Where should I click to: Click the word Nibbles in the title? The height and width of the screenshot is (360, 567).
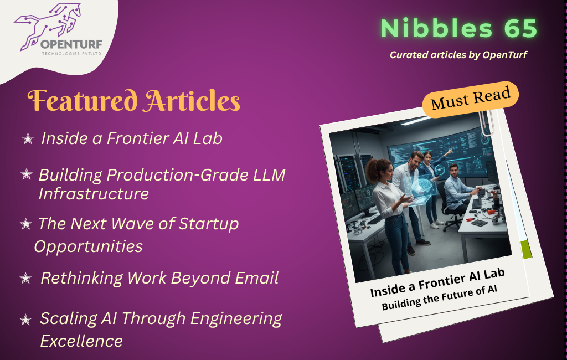[x=437, y=28]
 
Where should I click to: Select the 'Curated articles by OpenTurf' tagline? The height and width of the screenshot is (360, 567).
[x=458, y=55]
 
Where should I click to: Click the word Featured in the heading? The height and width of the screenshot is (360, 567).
[x=83, y=100]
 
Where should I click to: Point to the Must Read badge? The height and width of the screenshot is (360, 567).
[x=471, y=99]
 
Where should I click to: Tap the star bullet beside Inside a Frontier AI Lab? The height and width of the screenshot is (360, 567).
[x=28, y=138]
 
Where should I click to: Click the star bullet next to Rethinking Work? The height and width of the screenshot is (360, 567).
[x=25, y=278]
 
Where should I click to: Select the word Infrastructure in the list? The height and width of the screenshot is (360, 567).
[x=94, y=194]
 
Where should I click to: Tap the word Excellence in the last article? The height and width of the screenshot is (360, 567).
[x=81, y=341]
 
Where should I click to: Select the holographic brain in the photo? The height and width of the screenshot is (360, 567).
[x=421, y=187]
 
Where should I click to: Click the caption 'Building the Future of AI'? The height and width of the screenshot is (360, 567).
[x=439, y=298]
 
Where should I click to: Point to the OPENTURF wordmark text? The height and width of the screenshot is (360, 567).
[x=71, y=44]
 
